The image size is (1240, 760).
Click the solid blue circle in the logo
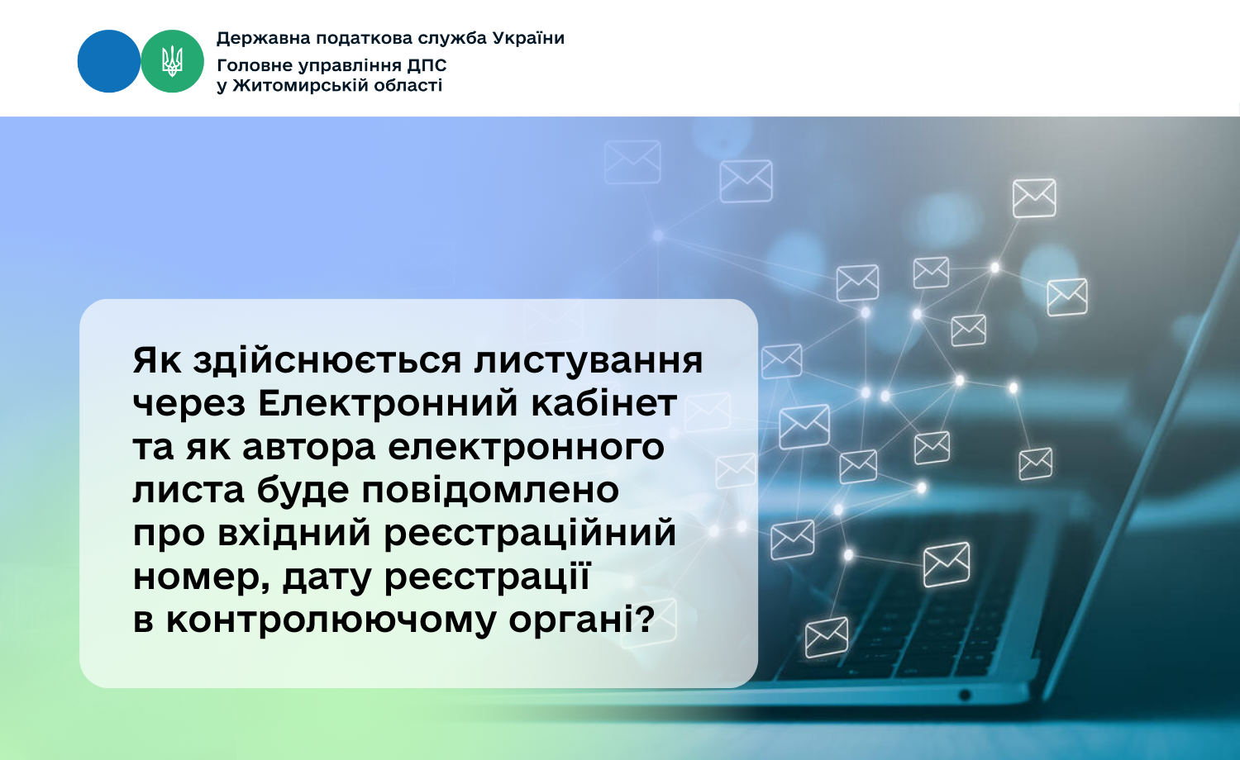coord(109,61)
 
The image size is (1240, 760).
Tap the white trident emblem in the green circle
coord(172,61)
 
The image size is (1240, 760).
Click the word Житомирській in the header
coord(292,86)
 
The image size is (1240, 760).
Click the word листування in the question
coord(589,362)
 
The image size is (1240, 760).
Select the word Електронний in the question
coord(388,403)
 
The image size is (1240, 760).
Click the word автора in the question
coord(309,449)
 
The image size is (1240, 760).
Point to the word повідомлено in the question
coord(490,490)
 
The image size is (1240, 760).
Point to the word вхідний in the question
coord(294,533)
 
